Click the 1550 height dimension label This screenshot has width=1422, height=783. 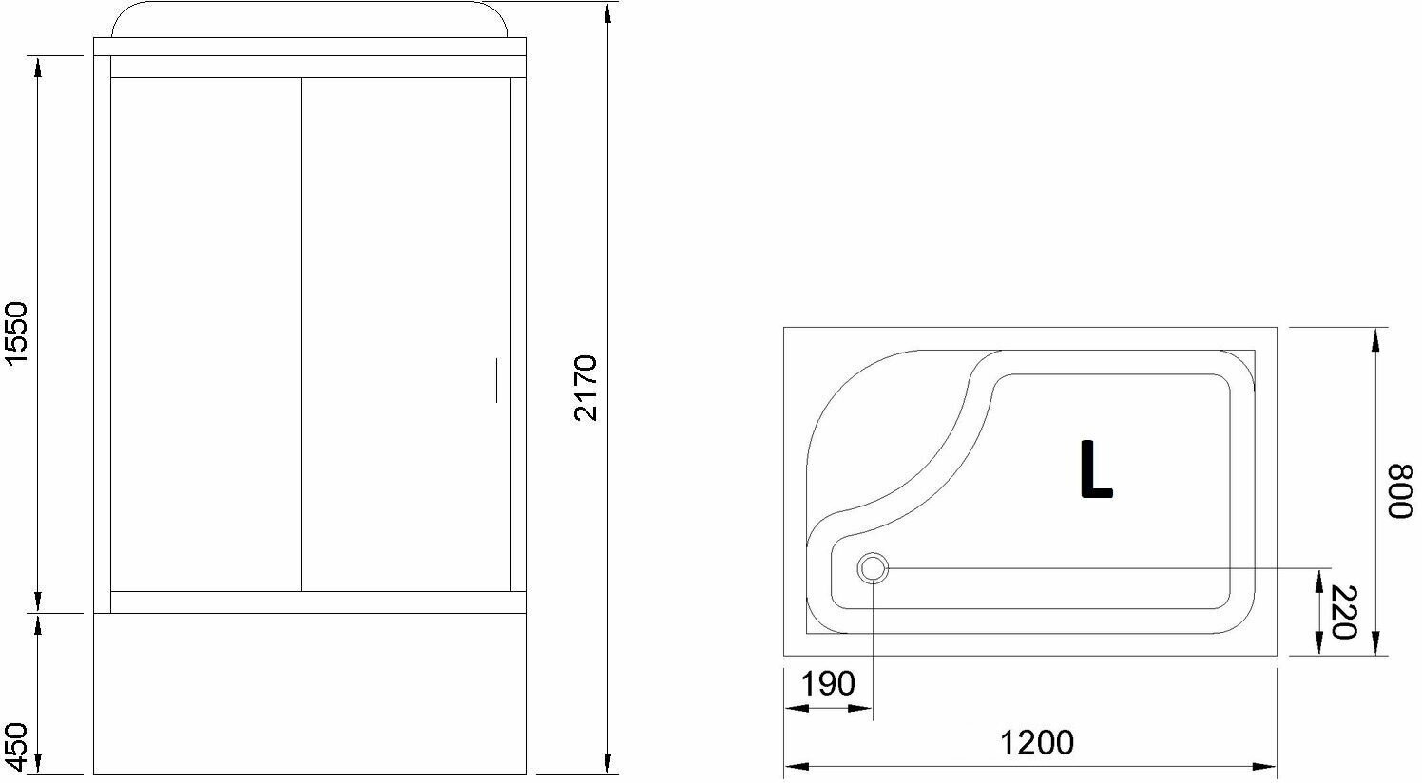tap(16, 334)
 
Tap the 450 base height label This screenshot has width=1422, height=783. tap(16, 747)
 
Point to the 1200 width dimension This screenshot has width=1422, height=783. tap(1037, 742)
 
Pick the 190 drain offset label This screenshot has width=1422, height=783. tap(827, 684)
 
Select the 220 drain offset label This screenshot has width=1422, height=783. tap(1343, 612)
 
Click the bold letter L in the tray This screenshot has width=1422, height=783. tap(1095, 469)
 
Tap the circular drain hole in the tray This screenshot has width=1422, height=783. tap(873, 568)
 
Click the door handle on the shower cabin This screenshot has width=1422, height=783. tap(496, 380)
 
